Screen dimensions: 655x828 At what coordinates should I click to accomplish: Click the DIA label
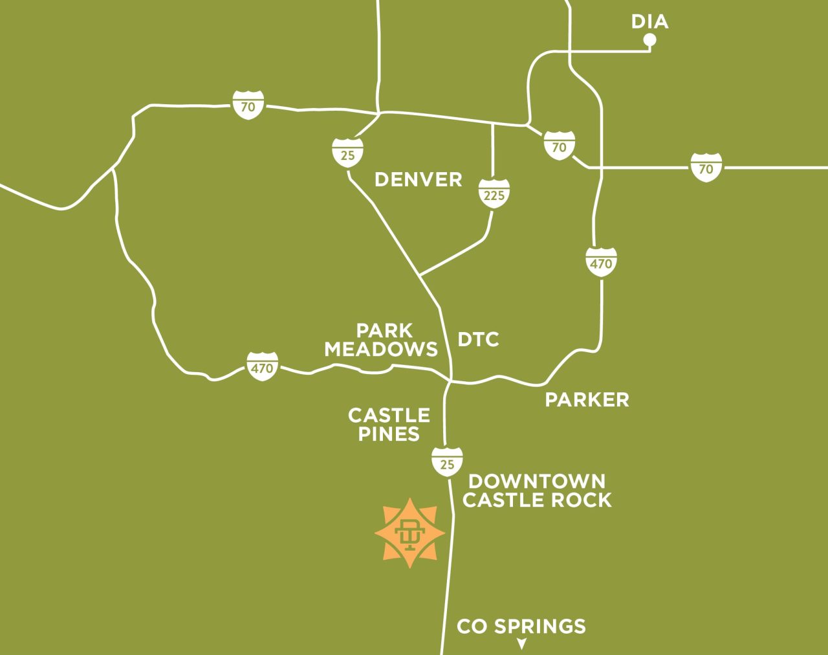649,21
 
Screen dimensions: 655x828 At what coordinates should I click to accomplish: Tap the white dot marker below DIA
649,40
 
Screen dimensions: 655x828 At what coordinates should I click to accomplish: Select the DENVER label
419,179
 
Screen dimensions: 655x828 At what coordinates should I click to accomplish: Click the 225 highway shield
494,194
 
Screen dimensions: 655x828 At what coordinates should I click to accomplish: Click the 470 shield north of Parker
601,262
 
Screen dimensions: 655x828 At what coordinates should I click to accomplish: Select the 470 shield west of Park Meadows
262,367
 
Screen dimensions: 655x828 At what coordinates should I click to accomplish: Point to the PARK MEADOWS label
381,340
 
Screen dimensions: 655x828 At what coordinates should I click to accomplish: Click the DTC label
478,339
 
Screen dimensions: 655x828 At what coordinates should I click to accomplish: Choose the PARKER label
587,399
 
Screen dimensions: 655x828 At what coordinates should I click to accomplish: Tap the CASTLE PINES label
389,425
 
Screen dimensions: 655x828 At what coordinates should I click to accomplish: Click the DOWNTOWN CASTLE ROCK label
537,491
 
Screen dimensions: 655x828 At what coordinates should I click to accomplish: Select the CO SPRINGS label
521,626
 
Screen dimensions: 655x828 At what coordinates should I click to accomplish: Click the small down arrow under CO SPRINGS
521,644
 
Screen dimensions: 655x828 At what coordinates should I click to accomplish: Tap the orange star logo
410,533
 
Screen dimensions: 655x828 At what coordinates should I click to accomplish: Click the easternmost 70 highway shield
706,168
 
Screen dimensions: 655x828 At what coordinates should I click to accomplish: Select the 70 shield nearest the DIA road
559,146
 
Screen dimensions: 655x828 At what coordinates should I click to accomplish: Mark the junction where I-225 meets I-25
420,276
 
